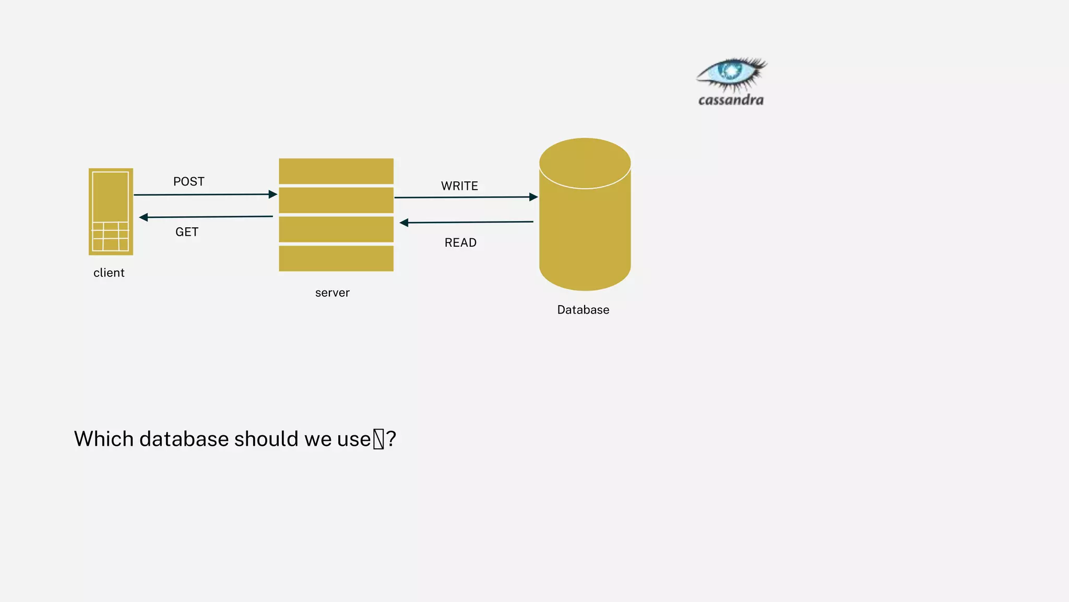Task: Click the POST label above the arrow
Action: [x=189, y=181]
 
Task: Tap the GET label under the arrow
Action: [x=187, y=232]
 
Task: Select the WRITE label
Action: [x=459, y=186]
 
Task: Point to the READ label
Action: [x=460, y=242]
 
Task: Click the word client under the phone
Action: [x=109, y=273]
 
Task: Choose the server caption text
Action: [x=332, y=293]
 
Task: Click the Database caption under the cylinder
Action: [x=583, y=310]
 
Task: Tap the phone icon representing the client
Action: [x=111, y=199]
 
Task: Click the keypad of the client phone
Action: [x=110, y=237]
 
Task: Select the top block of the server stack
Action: [x=336, y=171]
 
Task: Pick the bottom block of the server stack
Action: [x=336, y=258]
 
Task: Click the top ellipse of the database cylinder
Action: [x=585, y=163]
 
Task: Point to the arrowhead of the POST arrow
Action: [x=272, y=194]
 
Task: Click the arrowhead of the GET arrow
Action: [x=144, y=217]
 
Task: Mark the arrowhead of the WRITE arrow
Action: [x=533, y=197]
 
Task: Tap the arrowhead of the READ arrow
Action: [x=404, y=223]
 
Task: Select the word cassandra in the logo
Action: [x=731, y=100]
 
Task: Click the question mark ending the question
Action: [x=391, y=439]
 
